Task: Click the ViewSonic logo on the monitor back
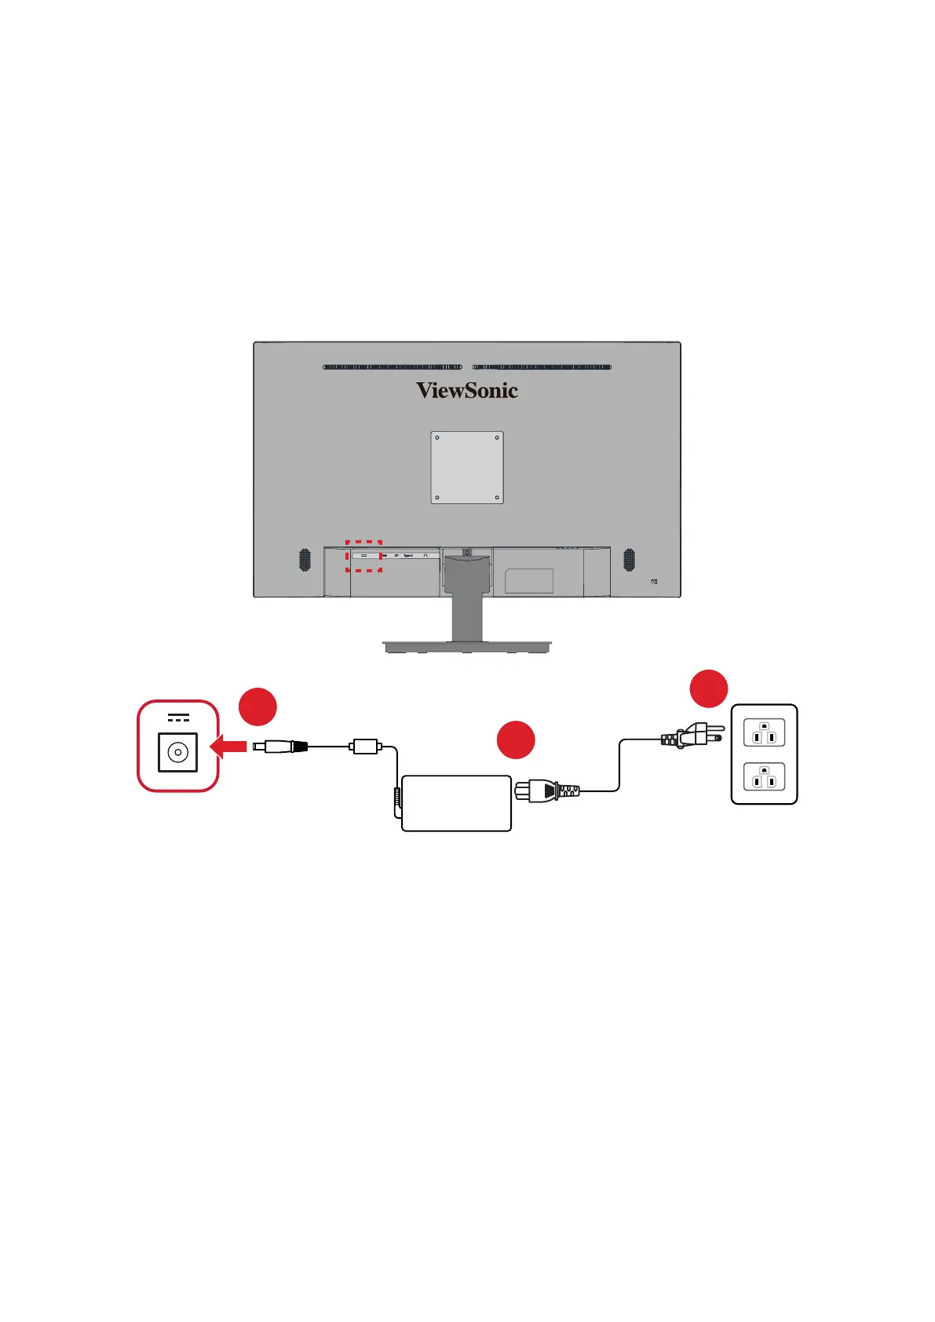(467, 390)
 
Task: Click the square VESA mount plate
(467, 467)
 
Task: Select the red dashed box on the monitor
(364, 556)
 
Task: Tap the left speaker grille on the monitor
(305, 560)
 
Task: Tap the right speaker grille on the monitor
(629, 560)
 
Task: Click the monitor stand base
(467, 647)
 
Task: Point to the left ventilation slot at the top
(393, 367)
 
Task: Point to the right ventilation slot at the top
(542, 367)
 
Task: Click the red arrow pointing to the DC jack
(228, 747)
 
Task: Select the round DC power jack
(178, 752)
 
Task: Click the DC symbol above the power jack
(178, 718)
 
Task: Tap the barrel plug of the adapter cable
(279, 747)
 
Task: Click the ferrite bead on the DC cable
(366, 746)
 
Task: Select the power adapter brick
(456, 803)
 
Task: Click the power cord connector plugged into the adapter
(546, 791)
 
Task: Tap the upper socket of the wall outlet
(764, 735)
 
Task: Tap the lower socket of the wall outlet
(764, 778)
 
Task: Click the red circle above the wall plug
(708, 688)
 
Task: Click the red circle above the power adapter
(516, 740)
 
